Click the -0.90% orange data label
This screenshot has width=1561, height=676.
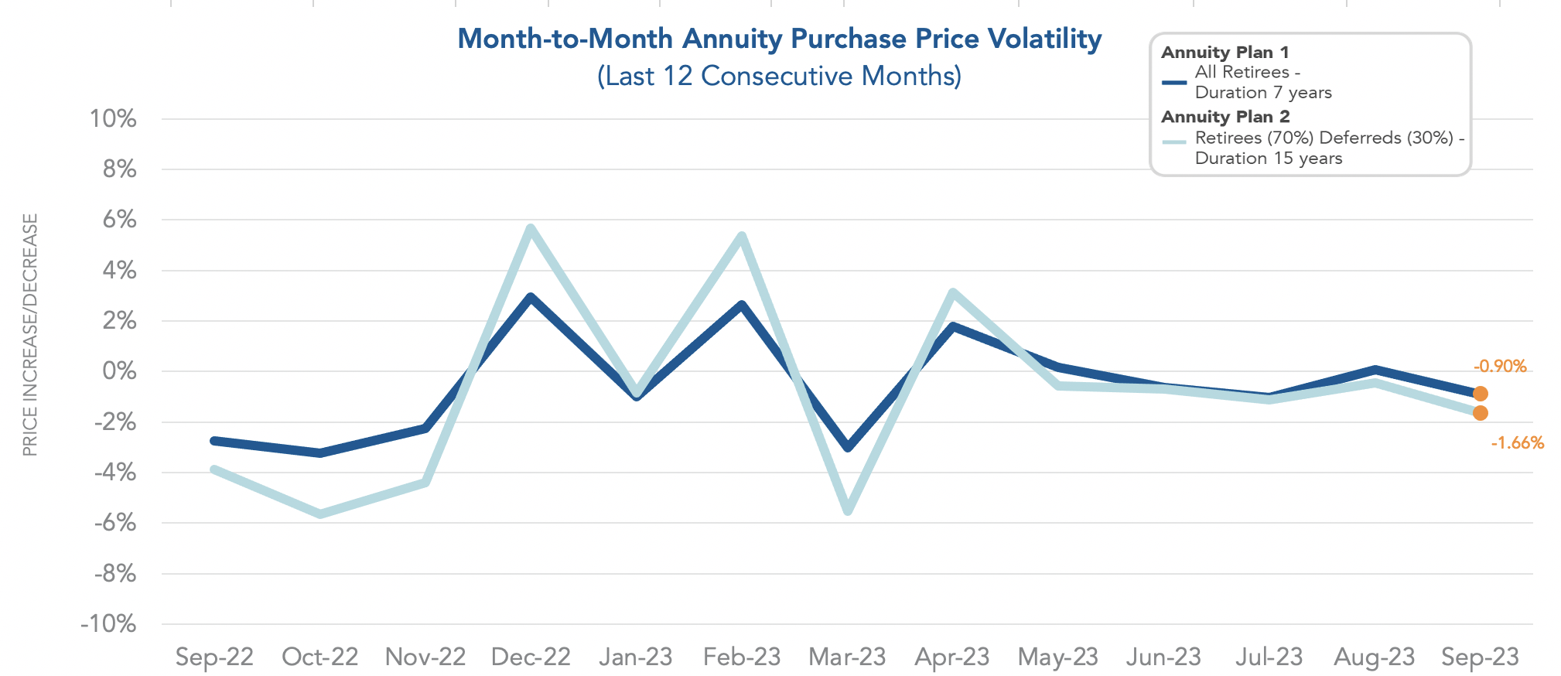pyautogui.click(x=1499, y=367)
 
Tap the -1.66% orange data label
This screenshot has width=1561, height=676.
pyautogui.click(x=1517, y=443)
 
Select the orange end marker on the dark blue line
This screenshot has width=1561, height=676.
pyautogui.click(x=1480, y=394)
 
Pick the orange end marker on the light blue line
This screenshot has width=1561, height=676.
pyautogui.click(x=1480, y=413)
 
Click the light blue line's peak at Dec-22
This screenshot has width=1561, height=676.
pyautogui.click(x=531, y=228)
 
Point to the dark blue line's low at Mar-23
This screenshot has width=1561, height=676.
pyautogui.click(x=848, y=447)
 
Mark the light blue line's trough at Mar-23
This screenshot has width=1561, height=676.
pyautogui.click(x=848, y=510)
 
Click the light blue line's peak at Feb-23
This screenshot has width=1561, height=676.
pyautogui.click(x=742, y=236)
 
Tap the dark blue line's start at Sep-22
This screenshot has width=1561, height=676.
pyautogui.click(x=214, y=441)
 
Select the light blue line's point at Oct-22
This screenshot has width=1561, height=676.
pyautogui.click(x=320, y=514)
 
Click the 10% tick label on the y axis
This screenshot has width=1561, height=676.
pyautogui.click(x=113, y=119)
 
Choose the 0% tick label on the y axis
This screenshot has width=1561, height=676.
pyautogui.click(x=119, y=371)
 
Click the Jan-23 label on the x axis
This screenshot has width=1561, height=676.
pyautogui.click(x=636, y=657)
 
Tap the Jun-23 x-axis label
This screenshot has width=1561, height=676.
pyautogui.click(x=1163, y=657)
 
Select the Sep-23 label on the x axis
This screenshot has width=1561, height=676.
pyautogui.click(x=1480, y=657)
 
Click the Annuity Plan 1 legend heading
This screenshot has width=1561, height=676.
pyautogui.click(x=1225, y=53)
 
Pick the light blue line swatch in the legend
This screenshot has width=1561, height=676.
pyautogui.click(x=1173, y=142)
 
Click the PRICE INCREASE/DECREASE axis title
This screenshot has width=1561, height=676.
pyautogui.click(x=30, y=335)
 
